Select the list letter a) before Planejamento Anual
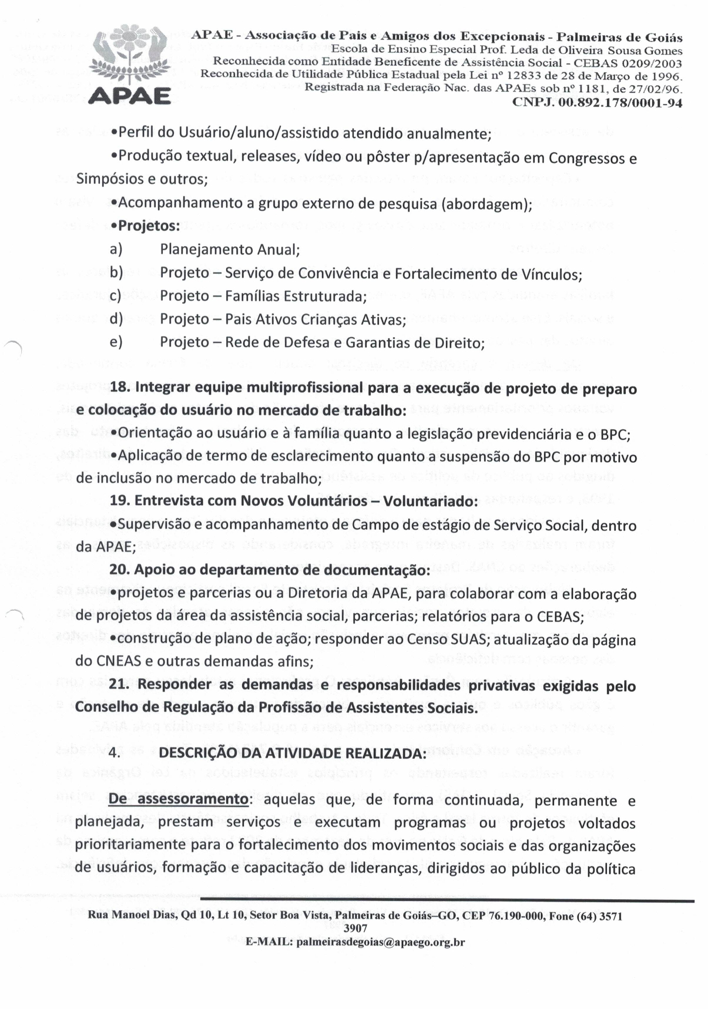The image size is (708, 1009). (x=116, y=249)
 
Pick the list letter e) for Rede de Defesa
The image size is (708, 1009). (x=116, y=342)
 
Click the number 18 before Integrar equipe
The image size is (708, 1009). (x=119, y=388)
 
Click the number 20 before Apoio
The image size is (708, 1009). (x=119, y=570)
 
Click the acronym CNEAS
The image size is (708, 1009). (x=115, y=661)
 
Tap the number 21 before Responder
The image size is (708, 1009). (x=119, y=685)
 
